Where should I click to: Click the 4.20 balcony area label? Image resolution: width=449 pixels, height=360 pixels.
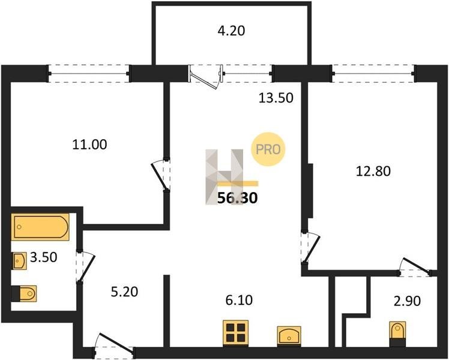[231, 31]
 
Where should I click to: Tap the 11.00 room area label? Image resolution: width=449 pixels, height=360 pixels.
[89, 144]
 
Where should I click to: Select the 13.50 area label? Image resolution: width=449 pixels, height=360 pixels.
[276, 98]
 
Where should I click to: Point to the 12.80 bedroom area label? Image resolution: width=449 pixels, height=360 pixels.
[373, 171]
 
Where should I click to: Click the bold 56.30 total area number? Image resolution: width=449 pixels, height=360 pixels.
[238, 198]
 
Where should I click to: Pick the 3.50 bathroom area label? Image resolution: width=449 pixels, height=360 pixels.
[44, 257]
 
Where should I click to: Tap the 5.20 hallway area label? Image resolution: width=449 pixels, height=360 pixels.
[125, 292]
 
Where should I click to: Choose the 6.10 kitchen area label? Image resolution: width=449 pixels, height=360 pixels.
[239, 300]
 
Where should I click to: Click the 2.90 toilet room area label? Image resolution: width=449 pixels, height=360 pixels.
[407, 301]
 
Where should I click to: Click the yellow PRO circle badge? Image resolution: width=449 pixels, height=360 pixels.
[268, 149]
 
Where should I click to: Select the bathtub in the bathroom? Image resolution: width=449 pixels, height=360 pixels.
[40, 227]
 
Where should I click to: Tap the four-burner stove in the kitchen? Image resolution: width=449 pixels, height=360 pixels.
[236, 333]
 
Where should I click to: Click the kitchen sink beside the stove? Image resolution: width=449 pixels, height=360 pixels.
[289, 336]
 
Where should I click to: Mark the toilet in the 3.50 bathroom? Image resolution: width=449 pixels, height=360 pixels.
[24, 293]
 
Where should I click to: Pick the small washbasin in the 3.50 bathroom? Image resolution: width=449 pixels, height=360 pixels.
[19, 260]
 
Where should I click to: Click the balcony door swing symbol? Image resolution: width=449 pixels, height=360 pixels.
[205, 77]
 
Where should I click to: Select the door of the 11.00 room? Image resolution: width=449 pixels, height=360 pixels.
[161, 175]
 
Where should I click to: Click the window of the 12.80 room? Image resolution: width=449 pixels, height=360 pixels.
[373, 74]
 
